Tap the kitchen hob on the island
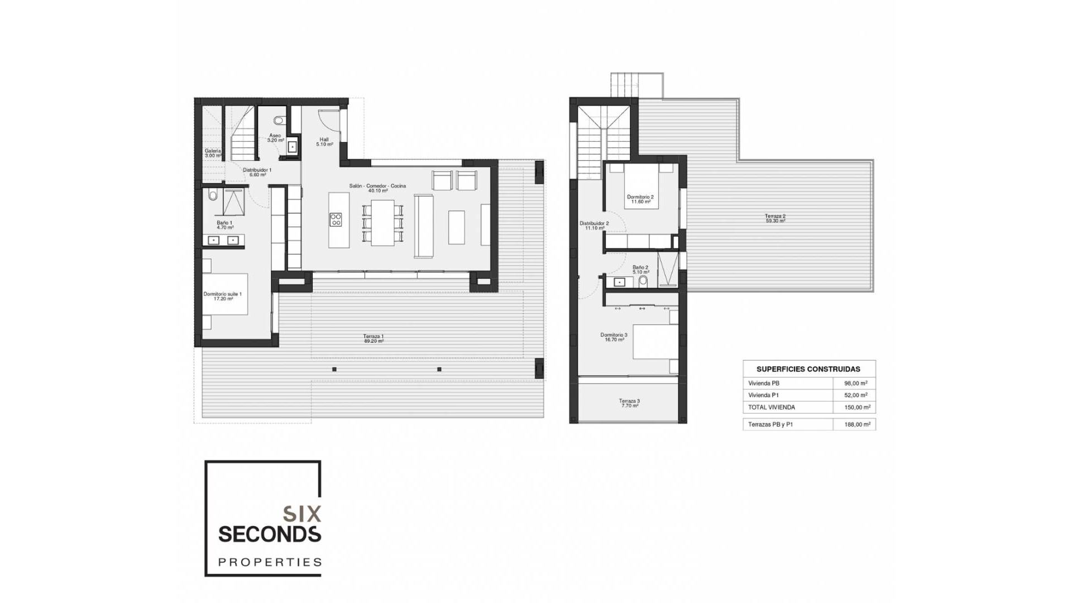click(336, 219)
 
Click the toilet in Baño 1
click(212, 195)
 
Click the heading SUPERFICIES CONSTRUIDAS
click(808, 369)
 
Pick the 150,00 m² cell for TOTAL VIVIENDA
click(856, 408)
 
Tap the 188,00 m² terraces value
click(856, 424)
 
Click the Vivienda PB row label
click(764, 384)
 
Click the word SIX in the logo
click(302, 513)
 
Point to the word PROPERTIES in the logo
click(270, 562)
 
